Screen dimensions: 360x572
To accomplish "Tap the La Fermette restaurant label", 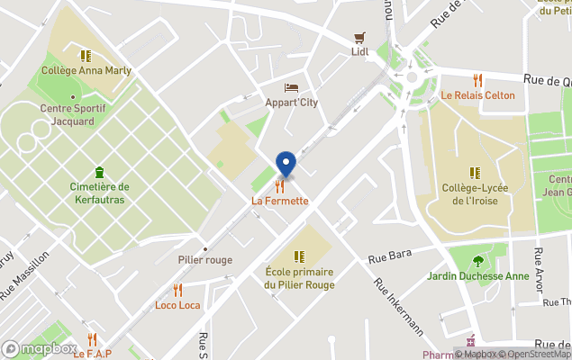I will (x=280, y=201).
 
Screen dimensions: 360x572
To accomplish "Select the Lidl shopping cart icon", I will (x=360, y=38).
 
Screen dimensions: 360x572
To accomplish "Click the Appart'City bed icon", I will (x=291, y=87).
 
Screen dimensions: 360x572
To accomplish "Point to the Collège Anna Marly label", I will (x=86, y=70).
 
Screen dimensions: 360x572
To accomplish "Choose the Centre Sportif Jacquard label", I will (x=73, y=114).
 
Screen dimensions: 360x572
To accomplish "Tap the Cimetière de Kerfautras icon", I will (x=99, y=172).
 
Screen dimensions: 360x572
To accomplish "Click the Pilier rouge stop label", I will (x=204, y=260).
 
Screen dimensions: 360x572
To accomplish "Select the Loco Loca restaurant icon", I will (x=177, y=290).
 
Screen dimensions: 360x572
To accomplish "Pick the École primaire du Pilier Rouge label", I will (x=300, y=278).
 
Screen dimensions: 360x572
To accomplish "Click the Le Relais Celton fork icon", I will (x=477, y=80).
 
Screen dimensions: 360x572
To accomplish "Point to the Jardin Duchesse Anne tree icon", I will (x=477, y=261).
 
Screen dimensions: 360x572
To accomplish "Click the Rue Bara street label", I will (x=390, y=256).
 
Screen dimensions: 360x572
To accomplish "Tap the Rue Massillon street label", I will (x=26, y=278).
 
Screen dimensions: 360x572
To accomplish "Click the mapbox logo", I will (x=39, y=348).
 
